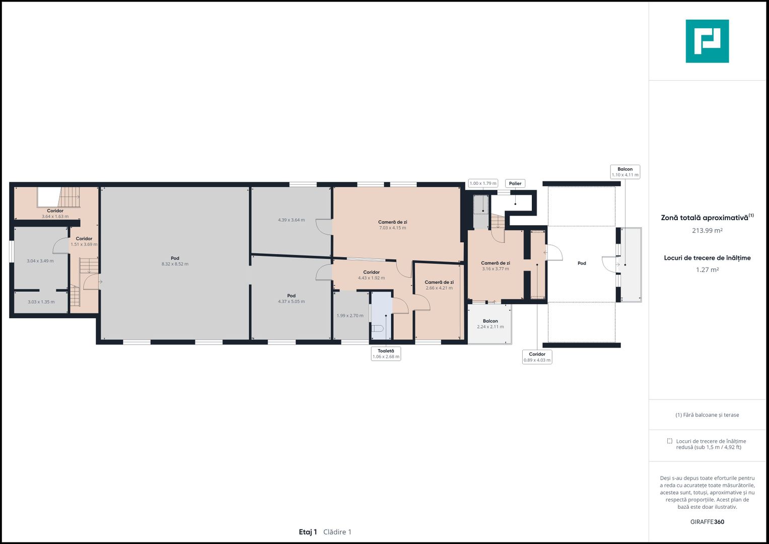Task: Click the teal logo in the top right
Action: (707, 41)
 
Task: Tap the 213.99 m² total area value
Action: (707, 231)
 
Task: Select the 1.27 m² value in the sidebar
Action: (707, 270)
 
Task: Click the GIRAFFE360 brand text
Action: (707, 522)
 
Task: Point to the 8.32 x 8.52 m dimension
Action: (175, 264)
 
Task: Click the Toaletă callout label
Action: (386, 354)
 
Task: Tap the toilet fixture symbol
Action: (378, 328)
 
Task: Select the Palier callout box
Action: (515, 183)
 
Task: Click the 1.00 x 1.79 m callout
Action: (483, 183)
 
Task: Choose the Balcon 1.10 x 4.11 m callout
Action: (625, 172)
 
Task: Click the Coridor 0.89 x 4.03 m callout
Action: (537, 357)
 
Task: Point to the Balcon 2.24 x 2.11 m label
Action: (490, 324)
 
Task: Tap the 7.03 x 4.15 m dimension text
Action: (392, 228)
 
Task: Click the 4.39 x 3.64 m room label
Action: (291, 220)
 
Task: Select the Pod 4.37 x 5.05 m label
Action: (291, 299)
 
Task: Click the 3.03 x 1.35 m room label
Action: (41, 302)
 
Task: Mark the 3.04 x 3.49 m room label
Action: (40, 261)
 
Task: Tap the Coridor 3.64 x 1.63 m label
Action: (55, 214)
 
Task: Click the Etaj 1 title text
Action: (308, 532)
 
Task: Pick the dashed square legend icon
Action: (669, 441)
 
